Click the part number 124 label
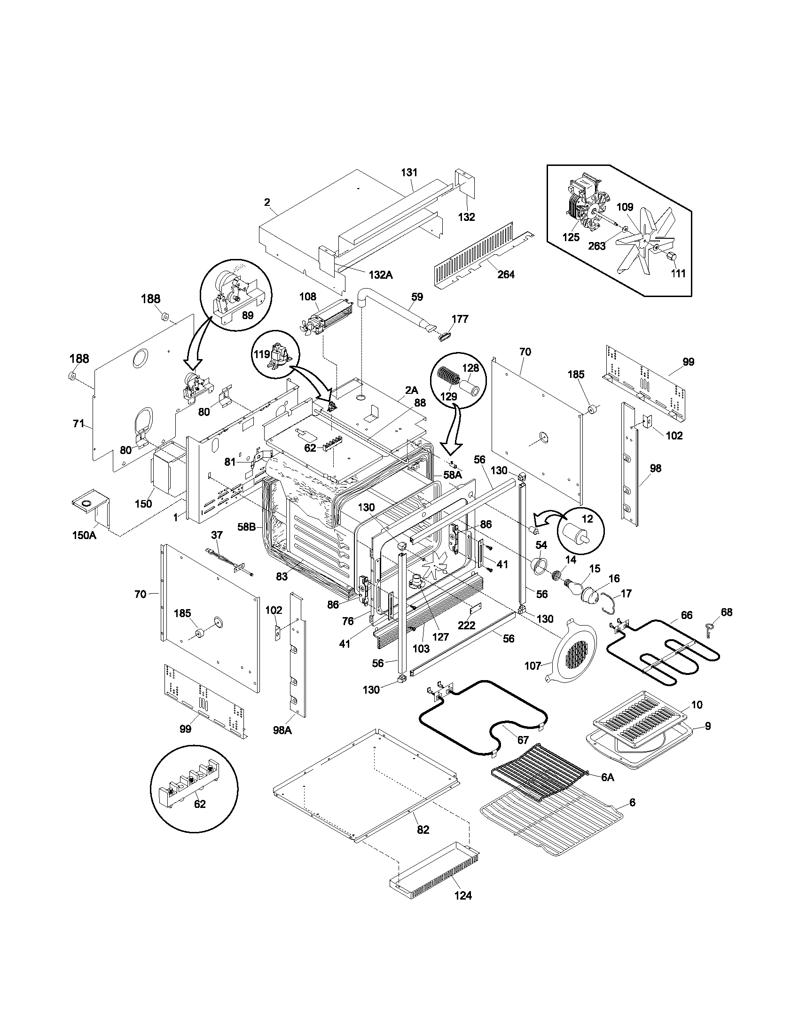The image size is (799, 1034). (463, 895)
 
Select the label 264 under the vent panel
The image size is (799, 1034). (506, 274)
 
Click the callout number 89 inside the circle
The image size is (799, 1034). (248, 315)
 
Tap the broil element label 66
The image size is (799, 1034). (686, 615)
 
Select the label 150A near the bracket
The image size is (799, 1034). (84, 535)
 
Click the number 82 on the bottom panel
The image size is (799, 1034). (423, 830)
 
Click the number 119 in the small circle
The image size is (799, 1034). (262, 354)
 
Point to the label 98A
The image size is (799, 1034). (282, 730)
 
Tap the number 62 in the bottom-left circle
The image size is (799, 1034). (200, 804)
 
